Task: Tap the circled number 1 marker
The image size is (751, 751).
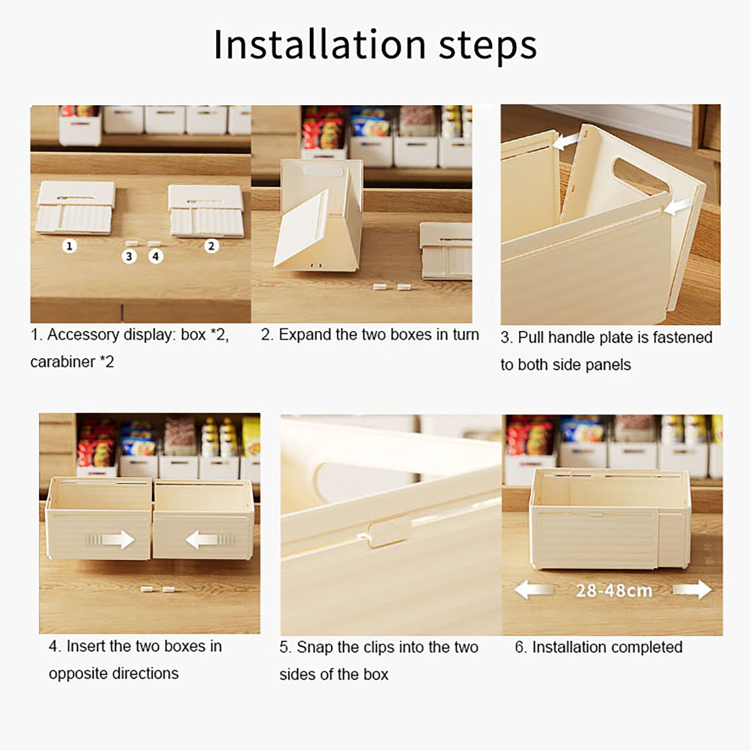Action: [x=69, y=245]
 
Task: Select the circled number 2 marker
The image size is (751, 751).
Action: [x=211, y=245]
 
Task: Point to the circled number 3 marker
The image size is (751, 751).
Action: [x=129, y=256]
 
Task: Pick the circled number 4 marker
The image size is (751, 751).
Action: [x=156, y=256]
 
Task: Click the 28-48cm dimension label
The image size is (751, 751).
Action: [x=614, y=590]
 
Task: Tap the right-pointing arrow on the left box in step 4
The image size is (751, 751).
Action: [x=111, y=539]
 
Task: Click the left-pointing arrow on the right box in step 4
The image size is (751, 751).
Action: [x=209, y=540]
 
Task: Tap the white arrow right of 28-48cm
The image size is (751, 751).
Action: [x=693, y=590]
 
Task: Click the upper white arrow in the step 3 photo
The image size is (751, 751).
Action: [x=567, y=140]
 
